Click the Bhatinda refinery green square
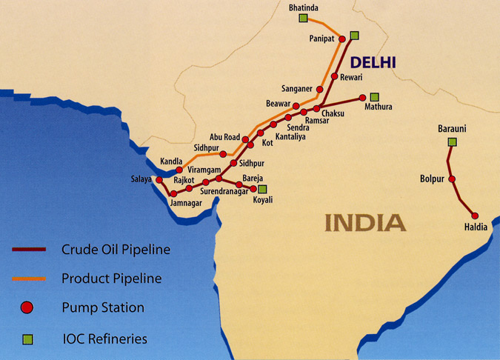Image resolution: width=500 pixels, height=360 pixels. [x=303, y=18]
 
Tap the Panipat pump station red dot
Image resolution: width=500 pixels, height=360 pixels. [x=342, y=39]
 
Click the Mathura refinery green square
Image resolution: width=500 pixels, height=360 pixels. [x=375, y=96]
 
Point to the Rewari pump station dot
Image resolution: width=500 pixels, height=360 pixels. [x=335, y=76]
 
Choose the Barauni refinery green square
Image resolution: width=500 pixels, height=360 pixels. [x=452, y=141]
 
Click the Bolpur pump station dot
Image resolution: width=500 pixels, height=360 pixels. [x=452, y=179]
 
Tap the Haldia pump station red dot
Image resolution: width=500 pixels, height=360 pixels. [x=475, y=215]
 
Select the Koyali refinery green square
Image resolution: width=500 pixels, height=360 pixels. [x=262, y=189]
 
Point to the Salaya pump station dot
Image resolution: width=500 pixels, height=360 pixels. [x=159, y=179]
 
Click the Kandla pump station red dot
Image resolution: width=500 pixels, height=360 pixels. [x=179, y=170]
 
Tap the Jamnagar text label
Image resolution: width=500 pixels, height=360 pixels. [x=186, y=202]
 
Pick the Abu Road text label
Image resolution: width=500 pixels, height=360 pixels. [x=225, y=136]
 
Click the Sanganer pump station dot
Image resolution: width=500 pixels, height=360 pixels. [x=320, y=89]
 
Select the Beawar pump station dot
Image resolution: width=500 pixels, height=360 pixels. [x=296, y=106]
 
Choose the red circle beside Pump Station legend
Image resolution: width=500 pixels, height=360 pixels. [x=27, y=307]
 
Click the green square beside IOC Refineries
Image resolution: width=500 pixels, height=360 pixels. [x=27, y=339]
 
